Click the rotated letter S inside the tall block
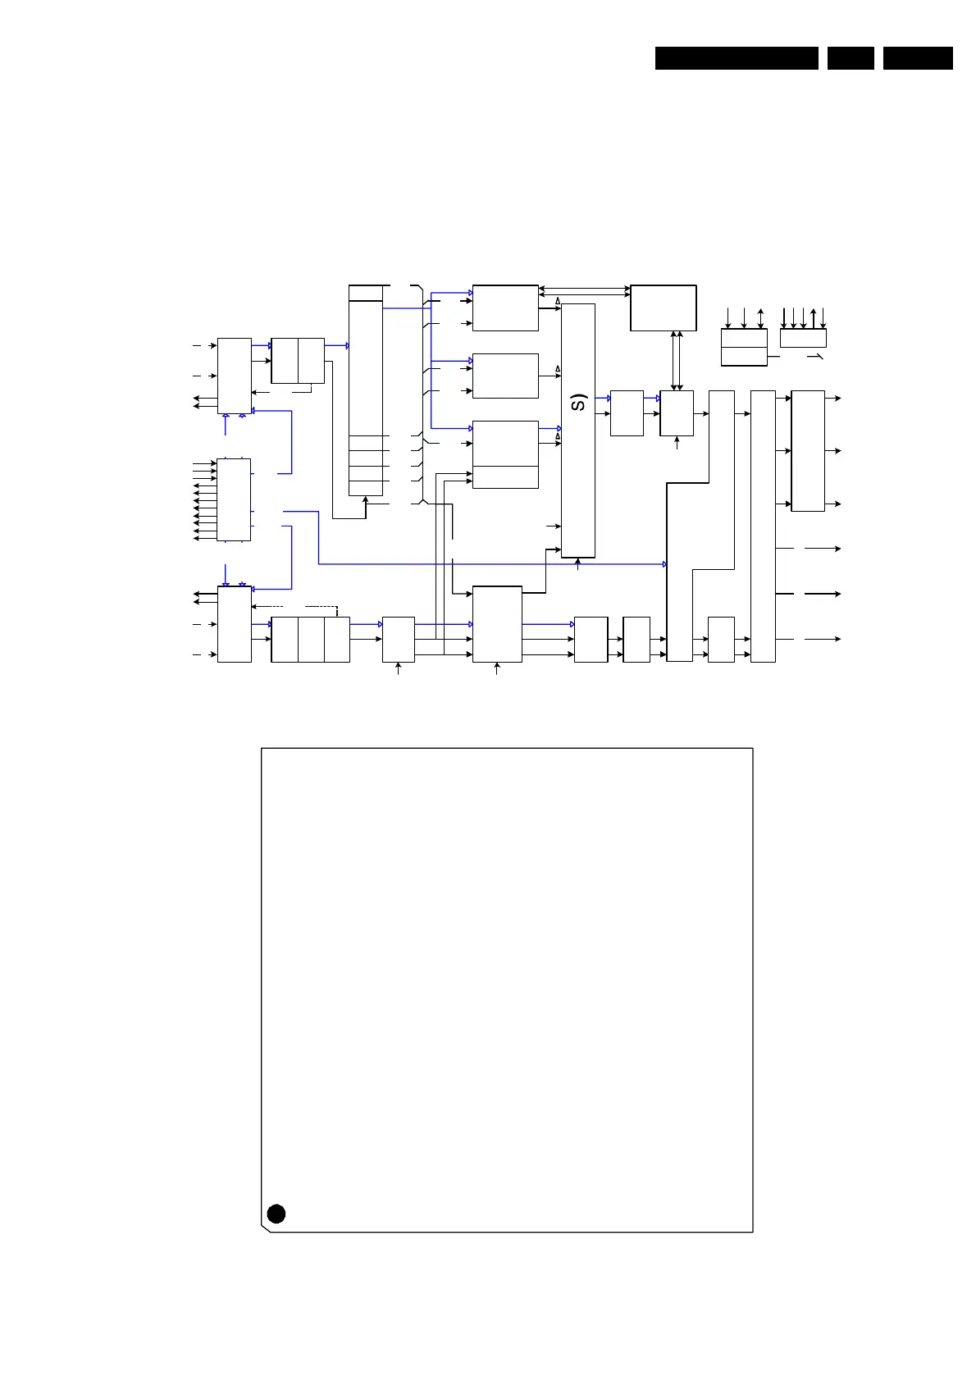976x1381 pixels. (579, 403)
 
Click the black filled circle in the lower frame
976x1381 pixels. (276, 1214)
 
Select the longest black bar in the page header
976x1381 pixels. (737, 58)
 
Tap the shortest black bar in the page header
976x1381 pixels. (851, 58)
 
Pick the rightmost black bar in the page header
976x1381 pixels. (918, 58)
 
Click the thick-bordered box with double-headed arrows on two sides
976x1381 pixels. (663, 308)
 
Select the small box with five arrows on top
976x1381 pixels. (803, 338)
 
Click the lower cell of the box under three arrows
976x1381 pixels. (744, 356)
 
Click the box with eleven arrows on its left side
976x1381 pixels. (234, 499)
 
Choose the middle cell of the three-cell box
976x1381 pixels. (311, 640)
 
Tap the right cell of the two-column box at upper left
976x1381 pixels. (311, 360)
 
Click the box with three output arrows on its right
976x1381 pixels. (807, 451)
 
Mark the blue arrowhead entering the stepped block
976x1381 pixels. (664, 564)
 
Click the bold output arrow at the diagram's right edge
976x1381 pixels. (824, 593)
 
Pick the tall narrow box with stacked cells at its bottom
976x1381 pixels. (366, 390)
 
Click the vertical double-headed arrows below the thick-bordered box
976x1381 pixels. (677, 361)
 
